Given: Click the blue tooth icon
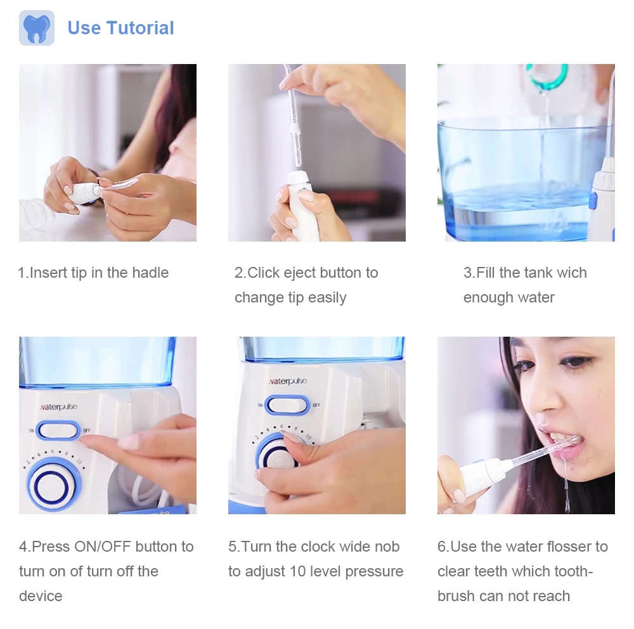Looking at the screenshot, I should tap(36, 28).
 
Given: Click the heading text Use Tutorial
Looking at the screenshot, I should tap(120, 28).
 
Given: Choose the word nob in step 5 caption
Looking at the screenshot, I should tap(387, 546).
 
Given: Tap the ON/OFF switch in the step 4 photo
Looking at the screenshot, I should tap(58, 431).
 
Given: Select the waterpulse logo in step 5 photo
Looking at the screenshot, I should tap(288, 381).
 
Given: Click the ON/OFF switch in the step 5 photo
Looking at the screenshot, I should tap(287, 405).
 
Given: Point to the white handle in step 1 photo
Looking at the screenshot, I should tap(82, 193).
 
